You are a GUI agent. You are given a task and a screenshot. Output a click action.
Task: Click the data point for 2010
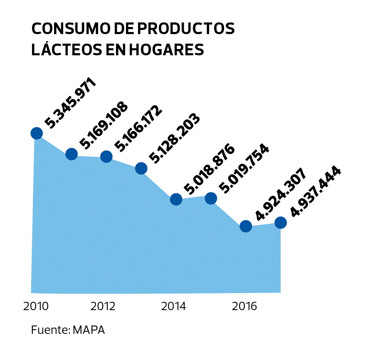coord(37,133)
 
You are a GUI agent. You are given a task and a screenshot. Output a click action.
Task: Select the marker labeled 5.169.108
coord(72,154)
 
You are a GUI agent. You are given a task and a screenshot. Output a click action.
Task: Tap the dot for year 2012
coord(106,156)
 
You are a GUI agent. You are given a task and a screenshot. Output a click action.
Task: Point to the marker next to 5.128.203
coord(141,168)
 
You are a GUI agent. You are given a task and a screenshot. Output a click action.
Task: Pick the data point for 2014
coord(176,200)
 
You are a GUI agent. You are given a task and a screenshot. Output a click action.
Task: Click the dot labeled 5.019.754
coord(211,198)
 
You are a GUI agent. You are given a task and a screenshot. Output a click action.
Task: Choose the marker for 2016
coord(246,227)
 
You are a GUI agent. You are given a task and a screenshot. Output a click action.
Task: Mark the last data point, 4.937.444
coord(281,223)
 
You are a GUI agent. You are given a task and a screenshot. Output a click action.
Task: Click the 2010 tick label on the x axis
coord(36,307)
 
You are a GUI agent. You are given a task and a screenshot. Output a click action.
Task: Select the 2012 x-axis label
coord(103,307)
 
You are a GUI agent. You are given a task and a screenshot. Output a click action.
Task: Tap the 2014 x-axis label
coord(174,307)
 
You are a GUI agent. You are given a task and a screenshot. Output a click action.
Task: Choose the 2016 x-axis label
coord(244,307)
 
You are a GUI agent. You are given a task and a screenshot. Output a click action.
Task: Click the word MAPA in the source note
coord(89,330)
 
